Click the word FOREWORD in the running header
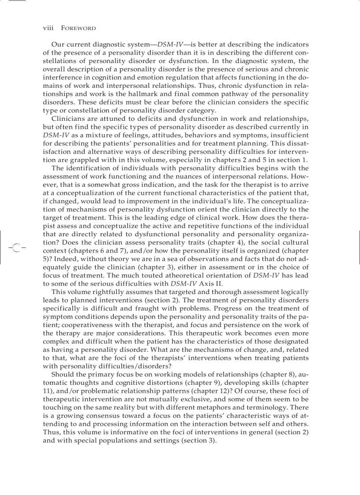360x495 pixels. (x=78, y=28)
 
